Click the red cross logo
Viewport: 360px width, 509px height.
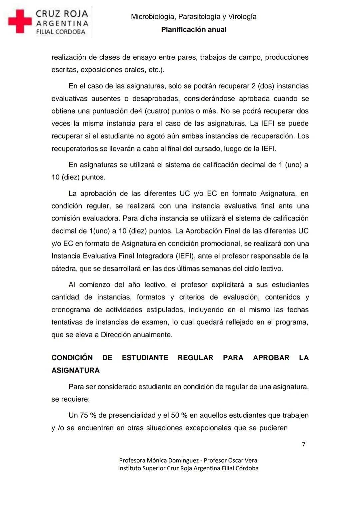click(x=20, y=21)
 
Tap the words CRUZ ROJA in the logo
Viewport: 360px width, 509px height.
click(x=62, y=14)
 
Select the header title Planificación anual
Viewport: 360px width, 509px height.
click(x=194, y=30)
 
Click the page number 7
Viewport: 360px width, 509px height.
click(x=303, y=444)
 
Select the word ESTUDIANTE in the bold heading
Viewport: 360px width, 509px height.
click(x=145, y=358)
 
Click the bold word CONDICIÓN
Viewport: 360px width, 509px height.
click(x=72, y=358)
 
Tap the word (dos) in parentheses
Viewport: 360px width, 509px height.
click(x=265, y=86)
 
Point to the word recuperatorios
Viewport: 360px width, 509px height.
click(x=74, y=148)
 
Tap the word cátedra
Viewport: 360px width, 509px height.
click(x=64, y=269)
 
